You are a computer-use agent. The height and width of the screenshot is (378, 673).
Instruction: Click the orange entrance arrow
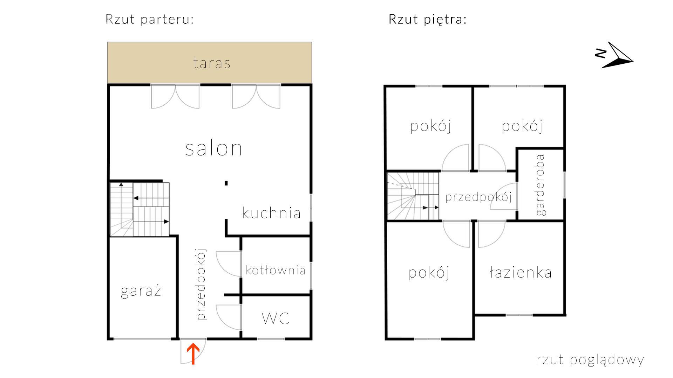[x=193, y=353]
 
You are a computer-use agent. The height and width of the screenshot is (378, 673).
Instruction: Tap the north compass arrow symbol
[x=619, y=56]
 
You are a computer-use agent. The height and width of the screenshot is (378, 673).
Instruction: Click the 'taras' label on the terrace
[x=212, y=63]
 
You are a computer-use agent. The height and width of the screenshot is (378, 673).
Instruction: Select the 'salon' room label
[x=213, y=148]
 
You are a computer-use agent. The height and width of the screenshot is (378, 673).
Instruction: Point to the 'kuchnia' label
[x=271, y=213]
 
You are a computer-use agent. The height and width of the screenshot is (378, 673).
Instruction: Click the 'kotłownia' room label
[x=275, y=270]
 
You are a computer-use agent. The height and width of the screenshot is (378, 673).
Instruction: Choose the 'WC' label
[x=276, y=318]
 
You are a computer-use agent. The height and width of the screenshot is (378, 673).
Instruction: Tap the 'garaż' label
[x=141, y=291]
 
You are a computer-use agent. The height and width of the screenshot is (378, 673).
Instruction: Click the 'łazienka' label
[x=520, y=273]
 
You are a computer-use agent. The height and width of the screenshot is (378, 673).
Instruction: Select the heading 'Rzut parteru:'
[x=150, y=19]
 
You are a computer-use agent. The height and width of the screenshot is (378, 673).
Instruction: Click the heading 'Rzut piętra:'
[x=428, y=19]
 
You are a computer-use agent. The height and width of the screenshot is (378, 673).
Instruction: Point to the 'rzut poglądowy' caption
[x=590, y=359]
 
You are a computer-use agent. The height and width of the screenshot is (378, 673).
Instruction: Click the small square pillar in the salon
[x=226, y=183]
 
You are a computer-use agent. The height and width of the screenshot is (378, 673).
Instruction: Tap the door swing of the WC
[x=228, y=317]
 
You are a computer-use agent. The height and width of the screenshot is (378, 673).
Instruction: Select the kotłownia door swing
[x=228, y=264]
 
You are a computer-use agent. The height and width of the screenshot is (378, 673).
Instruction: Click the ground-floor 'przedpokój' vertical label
[x=201, y=284]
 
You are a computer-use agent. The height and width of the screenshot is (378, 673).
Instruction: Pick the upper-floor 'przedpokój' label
[x=478, y=197]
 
